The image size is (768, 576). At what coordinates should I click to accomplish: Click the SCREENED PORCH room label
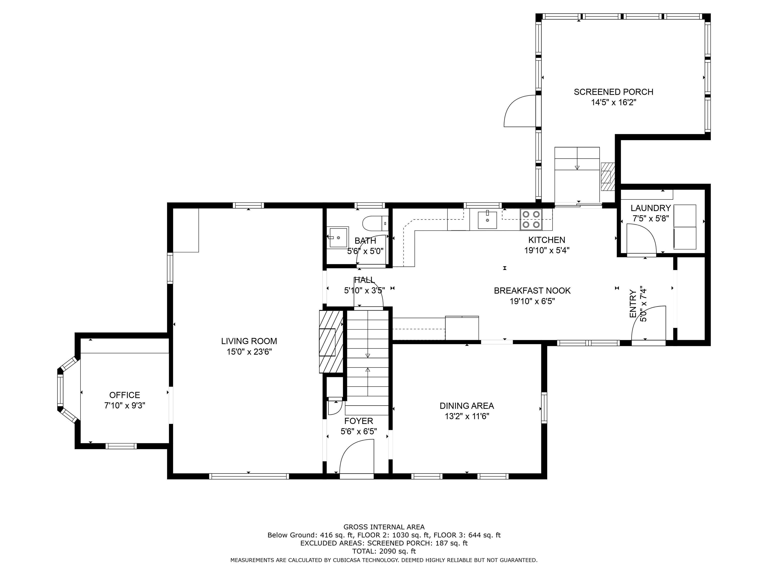613,92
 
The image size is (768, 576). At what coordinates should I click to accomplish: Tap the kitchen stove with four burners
531,219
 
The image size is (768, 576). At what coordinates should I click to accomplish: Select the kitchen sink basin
487,220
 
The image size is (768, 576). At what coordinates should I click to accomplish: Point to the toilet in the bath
375,223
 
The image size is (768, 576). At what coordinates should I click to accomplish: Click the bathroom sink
338,237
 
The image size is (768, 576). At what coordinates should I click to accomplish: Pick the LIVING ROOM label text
249,341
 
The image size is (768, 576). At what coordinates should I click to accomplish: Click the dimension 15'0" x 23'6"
249,352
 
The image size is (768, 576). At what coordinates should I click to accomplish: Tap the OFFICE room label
125,395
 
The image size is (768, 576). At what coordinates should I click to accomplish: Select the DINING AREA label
467,406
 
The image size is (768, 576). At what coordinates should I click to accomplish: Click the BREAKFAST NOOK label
532,290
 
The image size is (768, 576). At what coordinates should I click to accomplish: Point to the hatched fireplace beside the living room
331,342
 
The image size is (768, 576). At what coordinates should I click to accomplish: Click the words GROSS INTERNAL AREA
384,527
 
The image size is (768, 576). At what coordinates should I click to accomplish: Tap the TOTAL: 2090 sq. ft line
384,551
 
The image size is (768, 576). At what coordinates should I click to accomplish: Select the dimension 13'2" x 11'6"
467,416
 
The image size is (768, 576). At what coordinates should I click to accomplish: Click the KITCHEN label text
546,240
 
